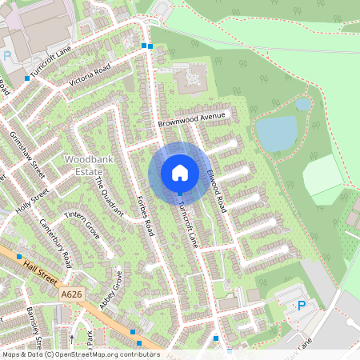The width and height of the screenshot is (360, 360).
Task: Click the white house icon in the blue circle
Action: tap(180, 172)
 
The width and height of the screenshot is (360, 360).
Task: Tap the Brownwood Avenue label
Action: tap(193, 120)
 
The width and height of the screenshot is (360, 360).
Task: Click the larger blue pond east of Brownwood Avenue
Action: tap(277, 133)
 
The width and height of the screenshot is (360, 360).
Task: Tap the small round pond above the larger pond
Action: tap(302, 104)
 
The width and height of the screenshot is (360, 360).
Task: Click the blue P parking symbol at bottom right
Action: tap(302, 305)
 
